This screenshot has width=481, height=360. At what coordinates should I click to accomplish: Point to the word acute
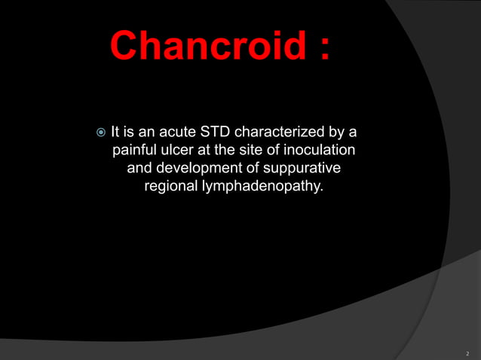point(176,133)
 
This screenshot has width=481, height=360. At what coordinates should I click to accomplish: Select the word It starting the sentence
point(115,133)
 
